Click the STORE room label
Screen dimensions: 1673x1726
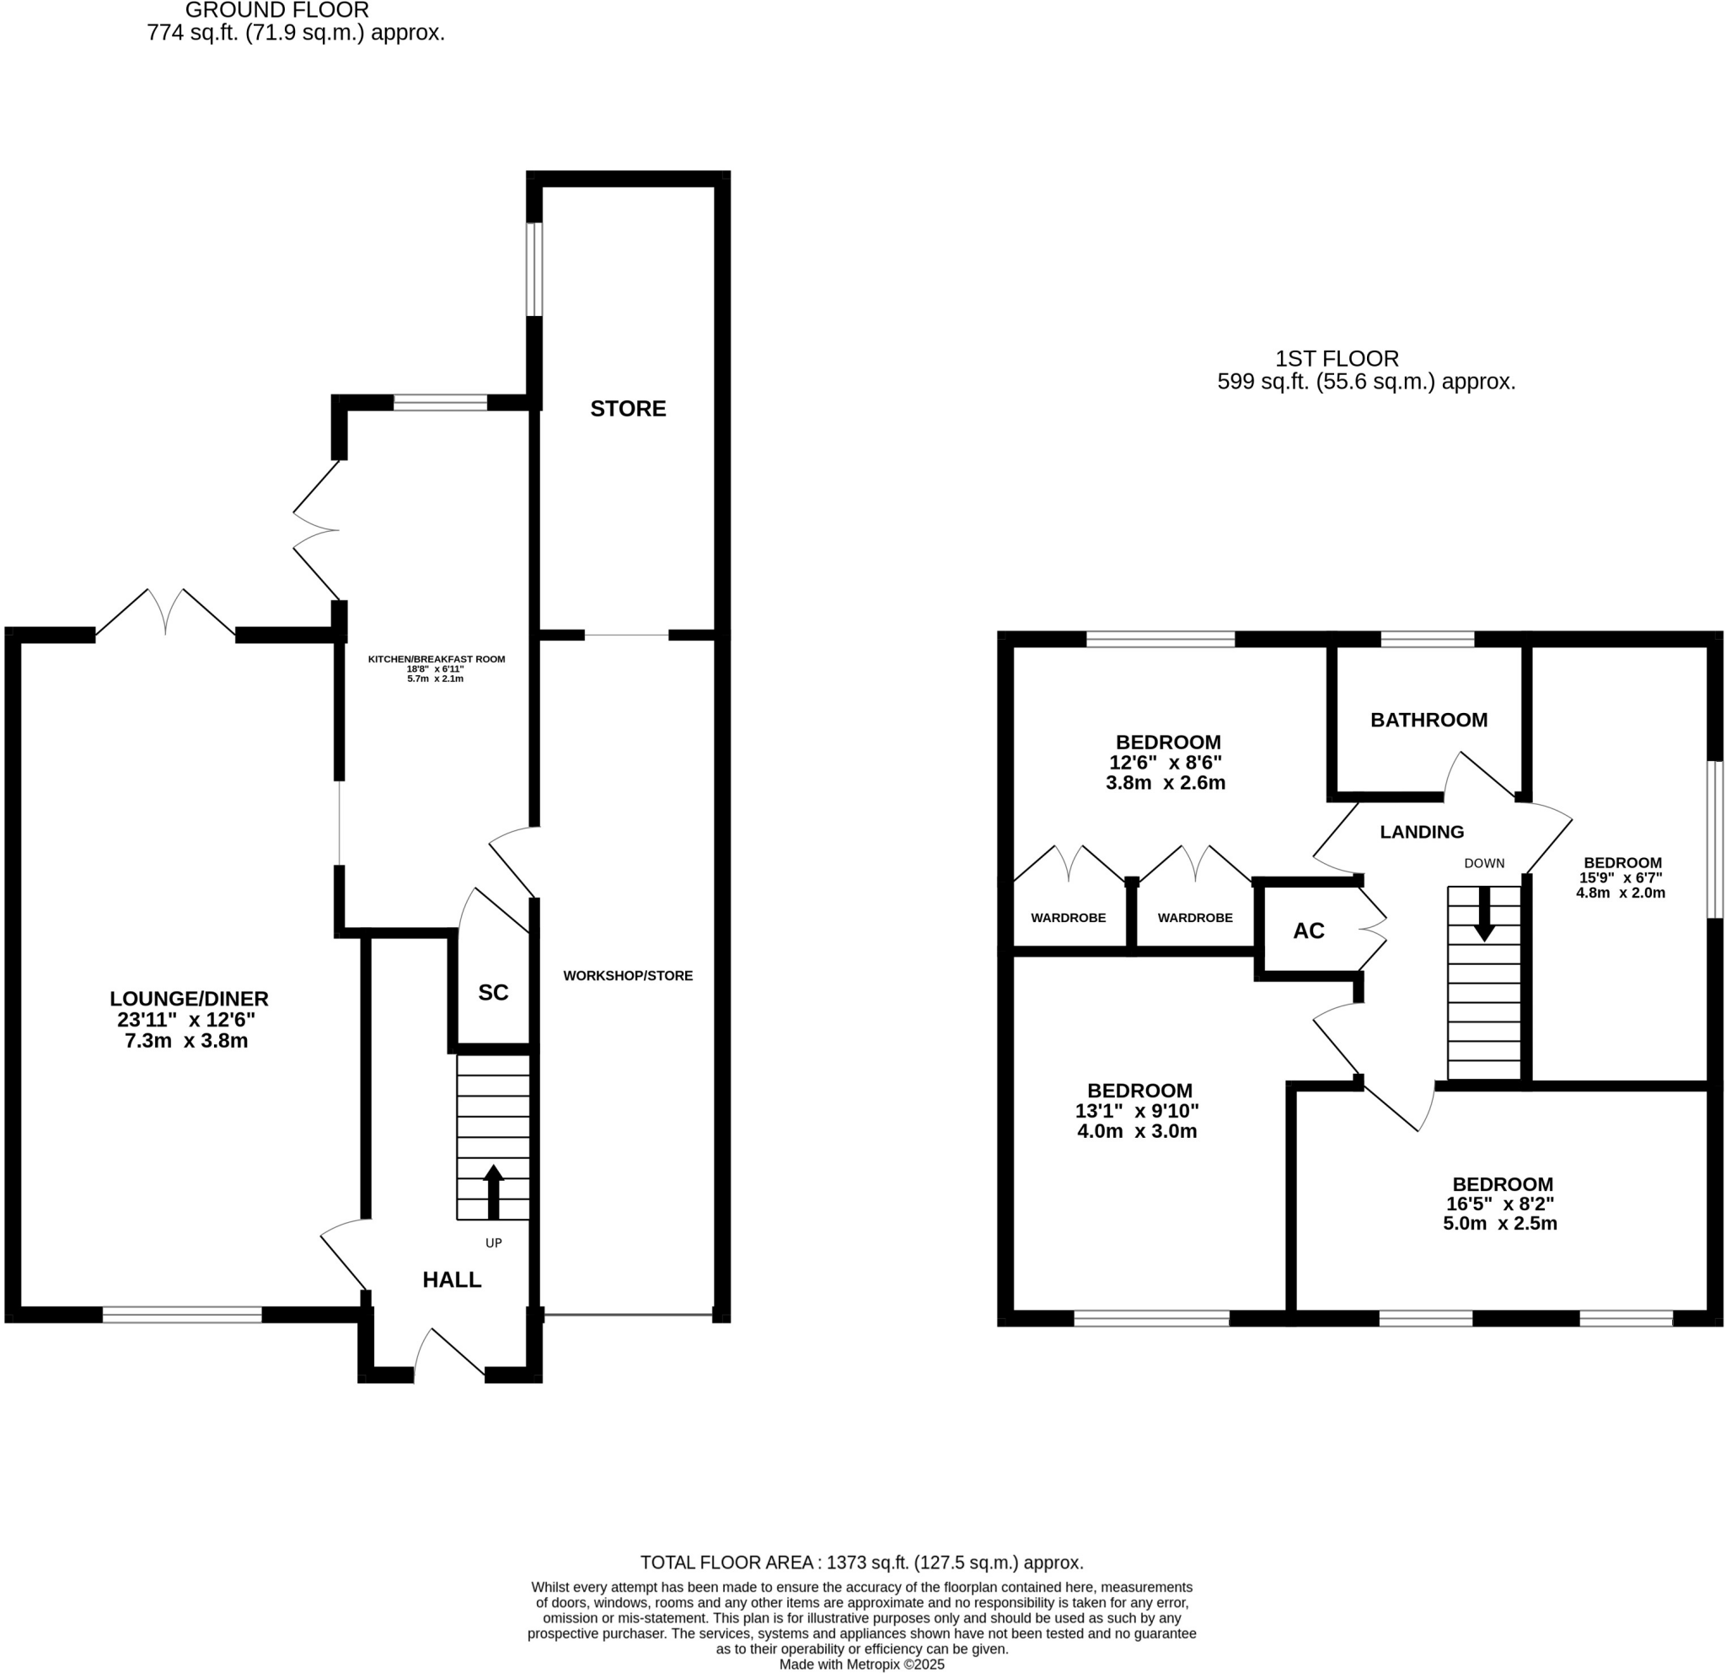(628, 409)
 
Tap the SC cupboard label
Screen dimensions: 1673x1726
(493, 992)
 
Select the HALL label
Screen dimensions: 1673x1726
(452, 1279)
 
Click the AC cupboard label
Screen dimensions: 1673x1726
(1309, 930)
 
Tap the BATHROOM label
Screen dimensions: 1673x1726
(1429, 720)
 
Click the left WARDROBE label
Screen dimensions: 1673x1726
(1068, 918)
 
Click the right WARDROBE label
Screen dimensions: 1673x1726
(1195, 918)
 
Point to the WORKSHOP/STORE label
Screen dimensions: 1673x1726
(628, 976)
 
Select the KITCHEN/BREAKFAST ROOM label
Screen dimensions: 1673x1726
(436, 658)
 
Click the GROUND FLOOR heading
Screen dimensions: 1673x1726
(276, 11)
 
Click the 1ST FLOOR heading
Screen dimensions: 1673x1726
(1337, 358)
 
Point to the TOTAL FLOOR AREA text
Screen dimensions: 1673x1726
(861, 1563)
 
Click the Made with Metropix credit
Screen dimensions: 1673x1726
(861, 1665)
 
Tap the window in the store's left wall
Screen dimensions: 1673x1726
(533, 269)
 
